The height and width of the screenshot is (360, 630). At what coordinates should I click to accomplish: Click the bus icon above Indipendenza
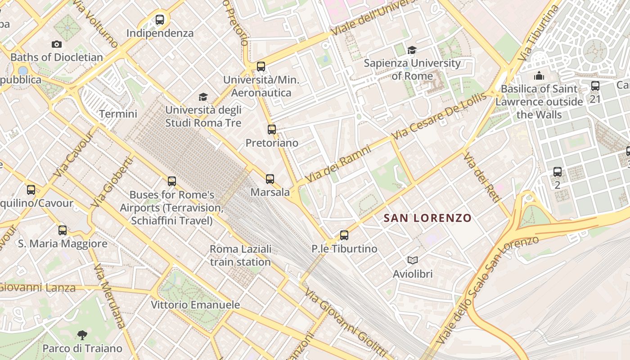pyautogui.click(x=160, y=20)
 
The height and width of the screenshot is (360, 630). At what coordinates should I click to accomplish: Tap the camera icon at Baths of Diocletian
pyautogui.click(x=57, y=44)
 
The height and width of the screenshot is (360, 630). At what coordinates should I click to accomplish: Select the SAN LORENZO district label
pyautogui.click(x=427, y=218)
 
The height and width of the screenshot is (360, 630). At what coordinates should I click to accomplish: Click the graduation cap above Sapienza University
pyautogui.click(x=412, y=50)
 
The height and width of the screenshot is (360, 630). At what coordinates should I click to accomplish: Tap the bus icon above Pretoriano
pyautogui.click(x=272, y=130)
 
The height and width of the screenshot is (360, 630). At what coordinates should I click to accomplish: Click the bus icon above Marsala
pyautogui.click(x=270, y=179)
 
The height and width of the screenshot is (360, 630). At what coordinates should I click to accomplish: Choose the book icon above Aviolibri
pyautogui.click(x=412, y=260)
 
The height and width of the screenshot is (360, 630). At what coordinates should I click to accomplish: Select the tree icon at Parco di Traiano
pyautogui.click(x=82, y=335)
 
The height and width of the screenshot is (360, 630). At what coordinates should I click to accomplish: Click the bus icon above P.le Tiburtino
pyautogui.click(x=344, y=235)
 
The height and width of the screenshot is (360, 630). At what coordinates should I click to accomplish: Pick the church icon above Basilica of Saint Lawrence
pyautogui.click(x=539, y=76)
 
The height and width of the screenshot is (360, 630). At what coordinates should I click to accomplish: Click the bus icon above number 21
pyautogui.click(x=595, y=85)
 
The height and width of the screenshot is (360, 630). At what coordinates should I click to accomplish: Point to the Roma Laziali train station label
pyautogui.click(x=240, y=256)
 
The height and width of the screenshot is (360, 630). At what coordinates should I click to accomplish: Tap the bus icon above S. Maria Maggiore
pyautogui.click(x=63, y=230)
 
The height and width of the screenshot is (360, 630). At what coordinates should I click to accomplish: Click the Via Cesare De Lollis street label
pyautogui.click(x=439, y=116)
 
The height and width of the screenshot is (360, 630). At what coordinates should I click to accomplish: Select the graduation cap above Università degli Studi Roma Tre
pyautogui.click(x=203, y=97)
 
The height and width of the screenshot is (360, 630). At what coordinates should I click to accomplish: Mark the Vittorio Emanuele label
pyautogui.click(x=195, y=305)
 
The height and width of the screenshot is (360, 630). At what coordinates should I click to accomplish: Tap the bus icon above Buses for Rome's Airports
pyautogui.click(x=172, y=181)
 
